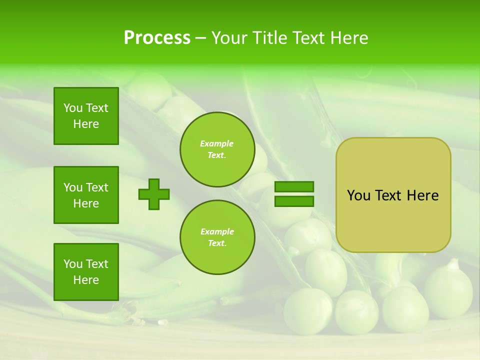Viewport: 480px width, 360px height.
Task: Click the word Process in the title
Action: pyautogui.click(x=157, y=38)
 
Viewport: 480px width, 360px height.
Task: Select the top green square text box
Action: pyautogui.click(x=86, y=116)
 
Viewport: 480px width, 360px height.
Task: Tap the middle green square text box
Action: pyautogui.click(x=86, y=195)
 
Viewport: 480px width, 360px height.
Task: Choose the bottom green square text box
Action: pyautogui.click(x=86, y=272)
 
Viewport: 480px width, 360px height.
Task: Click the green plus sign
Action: pyautogui.click(x=154, y=194)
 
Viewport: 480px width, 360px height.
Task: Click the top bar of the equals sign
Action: pyautogui.click(x=294, y=187)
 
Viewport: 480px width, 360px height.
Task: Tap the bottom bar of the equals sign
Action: pyautogui.click(x=294, y=201)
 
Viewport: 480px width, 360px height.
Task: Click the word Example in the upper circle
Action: pyautogui.click(x=217, y=143)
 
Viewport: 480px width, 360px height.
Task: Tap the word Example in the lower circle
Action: pyautogui.click(x=217, y=231)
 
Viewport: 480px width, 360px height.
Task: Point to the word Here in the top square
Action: pyautogui.click(x=86, y=124)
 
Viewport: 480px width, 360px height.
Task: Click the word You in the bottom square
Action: pyautogui.click(x=73, y=264)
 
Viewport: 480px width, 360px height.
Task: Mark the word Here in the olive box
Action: pyautogui.click(x=422, y=195)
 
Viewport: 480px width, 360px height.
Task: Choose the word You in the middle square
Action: pyautogui.click(x=73, y=187)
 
